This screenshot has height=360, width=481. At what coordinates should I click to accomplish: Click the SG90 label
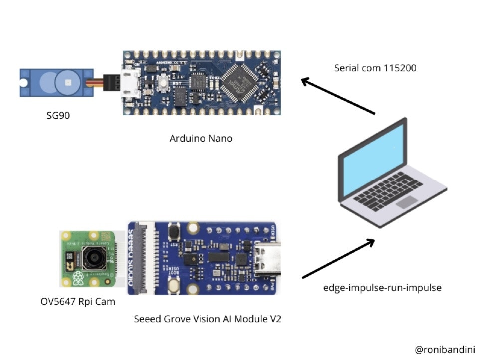(56, 116)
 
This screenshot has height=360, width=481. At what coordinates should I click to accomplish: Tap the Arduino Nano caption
(201, 138)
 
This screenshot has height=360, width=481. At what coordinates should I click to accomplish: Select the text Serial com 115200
(375, 68)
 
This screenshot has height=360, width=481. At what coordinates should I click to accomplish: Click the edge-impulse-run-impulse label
(382, 288)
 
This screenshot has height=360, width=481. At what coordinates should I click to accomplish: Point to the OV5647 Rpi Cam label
(77, 301)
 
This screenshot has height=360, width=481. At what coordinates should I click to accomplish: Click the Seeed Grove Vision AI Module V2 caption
(208, 319)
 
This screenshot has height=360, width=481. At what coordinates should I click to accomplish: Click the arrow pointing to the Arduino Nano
(337, 96)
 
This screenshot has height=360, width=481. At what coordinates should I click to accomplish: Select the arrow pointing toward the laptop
(338, 258)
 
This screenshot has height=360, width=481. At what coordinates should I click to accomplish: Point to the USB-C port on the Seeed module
(267, 258)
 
